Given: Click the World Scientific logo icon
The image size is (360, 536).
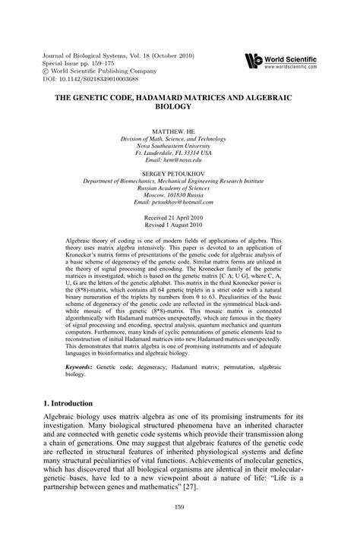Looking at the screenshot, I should pyautogui.click(x=254, y=61).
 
